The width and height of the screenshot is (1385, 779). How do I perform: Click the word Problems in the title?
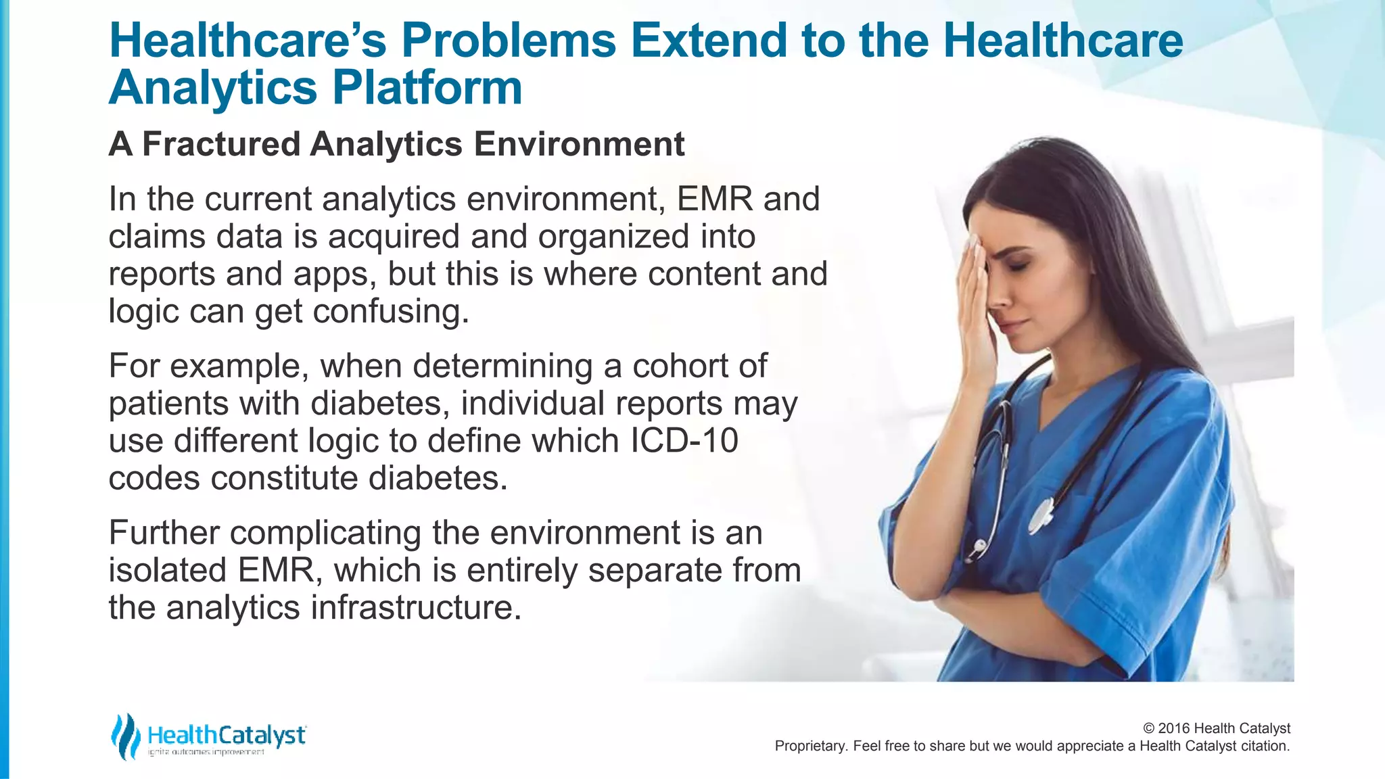509,41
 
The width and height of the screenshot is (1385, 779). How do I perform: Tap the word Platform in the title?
427,89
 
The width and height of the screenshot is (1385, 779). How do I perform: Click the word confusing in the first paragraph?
390,312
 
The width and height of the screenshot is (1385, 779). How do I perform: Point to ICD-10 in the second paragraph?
684,441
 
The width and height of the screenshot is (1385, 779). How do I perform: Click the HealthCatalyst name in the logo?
227,735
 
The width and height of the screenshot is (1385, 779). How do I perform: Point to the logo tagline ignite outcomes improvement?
206,752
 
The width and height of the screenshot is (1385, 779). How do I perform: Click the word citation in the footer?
1263,747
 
